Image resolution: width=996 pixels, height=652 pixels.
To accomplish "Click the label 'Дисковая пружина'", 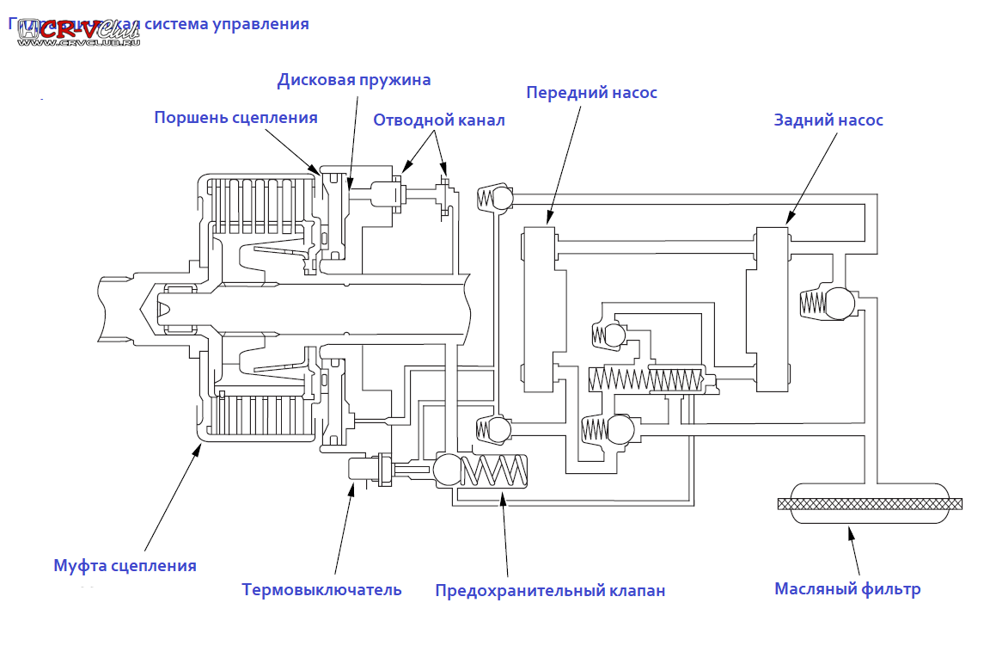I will [353, 80].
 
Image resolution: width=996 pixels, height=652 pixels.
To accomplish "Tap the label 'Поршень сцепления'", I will [235, 118].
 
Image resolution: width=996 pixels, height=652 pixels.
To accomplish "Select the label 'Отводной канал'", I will [438, 120].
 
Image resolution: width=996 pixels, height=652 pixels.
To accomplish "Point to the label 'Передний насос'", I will [591, 92].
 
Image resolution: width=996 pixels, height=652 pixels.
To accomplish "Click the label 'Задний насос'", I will [828, 120].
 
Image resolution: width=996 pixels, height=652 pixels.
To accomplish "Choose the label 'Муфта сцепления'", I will [125, 566].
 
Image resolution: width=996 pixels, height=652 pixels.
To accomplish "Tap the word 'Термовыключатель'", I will [321, 590].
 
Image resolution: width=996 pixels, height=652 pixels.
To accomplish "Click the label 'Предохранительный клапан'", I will [550, 591].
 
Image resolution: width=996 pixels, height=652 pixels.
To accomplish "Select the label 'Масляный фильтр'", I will [847, 589].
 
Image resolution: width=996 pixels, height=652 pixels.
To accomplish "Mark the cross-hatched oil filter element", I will [870, 503].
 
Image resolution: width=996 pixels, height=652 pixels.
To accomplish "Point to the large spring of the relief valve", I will [497, 471].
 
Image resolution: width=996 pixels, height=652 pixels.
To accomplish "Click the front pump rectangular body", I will [540, 310].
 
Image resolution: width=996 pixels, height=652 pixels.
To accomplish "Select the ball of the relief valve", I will [448, 470].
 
